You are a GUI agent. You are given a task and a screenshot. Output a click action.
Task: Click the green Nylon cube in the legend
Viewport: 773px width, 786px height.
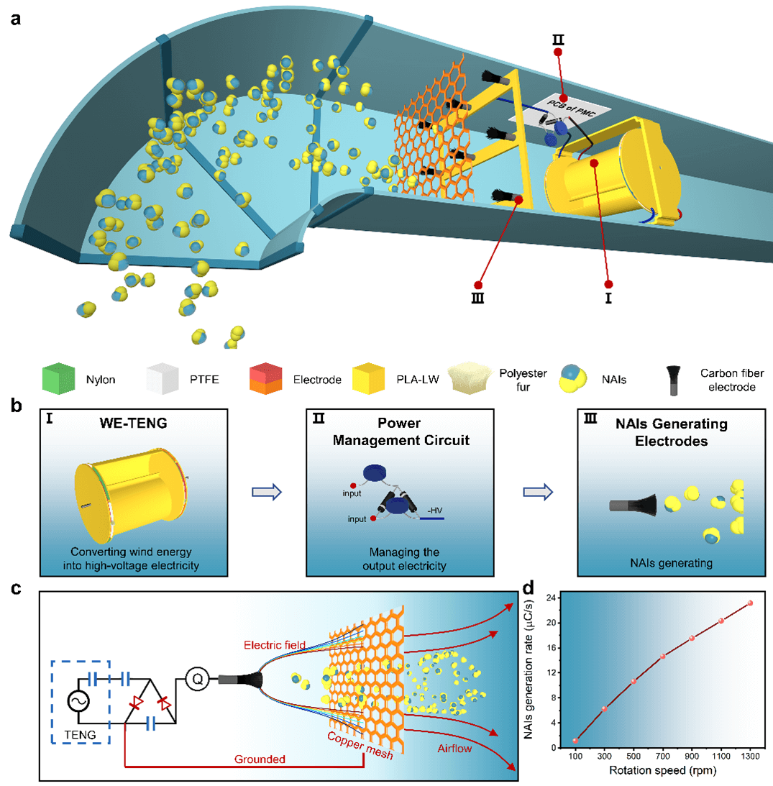pos(58,379)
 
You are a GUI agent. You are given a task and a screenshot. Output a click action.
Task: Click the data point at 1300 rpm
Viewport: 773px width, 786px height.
pos(750,603)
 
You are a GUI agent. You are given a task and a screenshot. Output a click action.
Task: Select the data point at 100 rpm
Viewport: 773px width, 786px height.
pos(575,740)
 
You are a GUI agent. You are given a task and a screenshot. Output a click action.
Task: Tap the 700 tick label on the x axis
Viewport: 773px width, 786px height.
pos(662,757)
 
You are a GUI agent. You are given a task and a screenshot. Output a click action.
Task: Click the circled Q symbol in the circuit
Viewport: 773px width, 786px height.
pos(196,677)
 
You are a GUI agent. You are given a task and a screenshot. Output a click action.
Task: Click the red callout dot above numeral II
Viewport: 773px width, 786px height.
pos(564,98)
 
